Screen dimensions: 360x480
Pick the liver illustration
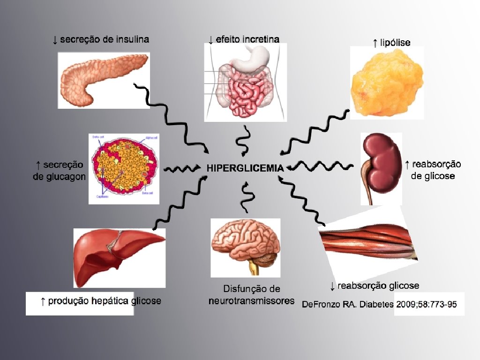[x=119, y=255]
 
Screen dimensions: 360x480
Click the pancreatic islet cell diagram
[x=124, y=169]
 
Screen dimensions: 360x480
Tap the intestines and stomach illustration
[x=245, y=82]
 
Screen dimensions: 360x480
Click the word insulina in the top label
[x=132, y=39]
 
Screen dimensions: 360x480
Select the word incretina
[x=261, y=39]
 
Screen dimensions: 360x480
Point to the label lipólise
[x=395, y=43]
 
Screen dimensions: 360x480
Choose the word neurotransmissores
[x=252, y=301]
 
